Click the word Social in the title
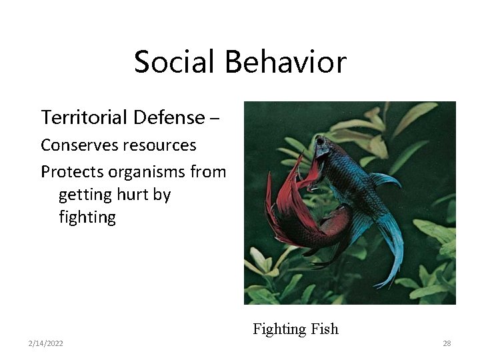click(175, 62)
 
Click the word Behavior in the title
click(285, 62)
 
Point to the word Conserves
click(76, 145)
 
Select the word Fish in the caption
click(325, 329)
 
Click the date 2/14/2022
click(46, 343)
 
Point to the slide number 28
click(447, 343)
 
